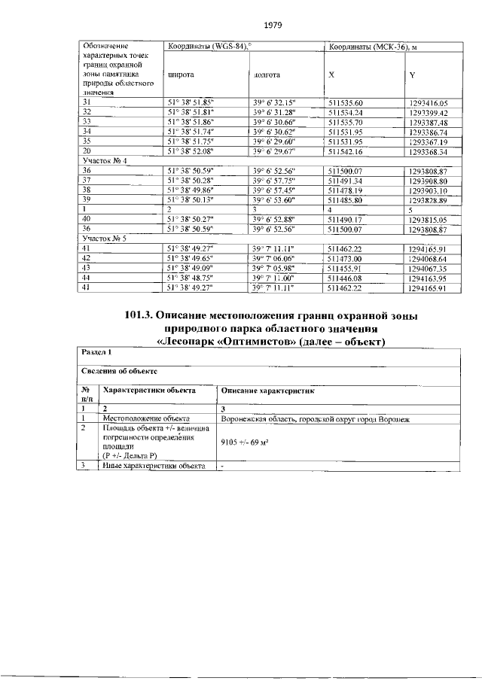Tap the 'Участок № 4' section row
click(105, 161)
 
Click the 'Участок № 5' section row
click(105, 238)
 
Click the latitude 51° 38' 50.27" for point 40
click(191, 219)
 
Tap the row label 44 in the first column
click(87, 278)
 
